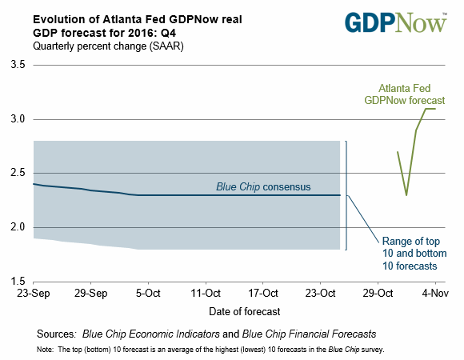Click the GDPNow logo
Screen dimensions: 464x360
tap(396, 22)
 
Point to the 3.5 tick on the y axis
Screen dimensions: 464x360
tap(18, 65)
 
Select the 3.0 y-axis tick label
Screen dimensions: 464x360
tap(18, 119)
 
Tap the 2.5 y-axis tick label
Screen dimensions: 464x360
tap(18, 173)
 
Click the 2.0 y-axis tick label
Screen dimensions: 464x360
tap(18, 227)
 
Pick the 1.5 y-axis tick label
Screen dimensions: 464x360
tap(18, 282)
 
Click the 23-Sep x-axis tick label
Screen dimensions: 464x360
tap(33, 294)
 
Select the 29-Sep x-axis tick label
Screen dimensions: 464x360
tap(90, 294)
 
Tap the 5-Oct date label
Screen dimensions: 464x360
tap(148, 294)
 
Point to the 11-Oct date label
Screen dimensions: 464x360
tap(206, 294)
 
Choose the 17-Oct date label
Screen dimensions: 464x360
tap(262, 294)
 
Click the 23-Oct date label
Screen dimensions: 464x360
tap(320, 294)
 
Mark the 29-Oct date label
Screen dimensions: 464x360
tap(378, 294)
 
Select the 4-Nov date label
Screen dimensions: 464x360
tap(435, 294)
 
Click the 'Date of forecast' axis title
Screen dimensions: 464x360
tap(245, 311)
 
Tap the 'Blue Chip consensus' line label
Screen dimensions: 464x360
tap(263, 187)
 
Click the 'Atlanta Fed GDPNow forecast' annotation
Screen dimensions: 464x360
tap(405, 94)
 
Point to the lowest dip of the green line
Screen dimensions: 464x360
tap(406, 195)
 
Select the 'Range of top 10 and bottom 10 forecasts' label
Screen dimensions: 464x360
tap(414, 254)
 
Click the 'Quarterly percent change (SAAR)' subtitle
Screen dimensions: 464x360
tap(108, 46)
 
